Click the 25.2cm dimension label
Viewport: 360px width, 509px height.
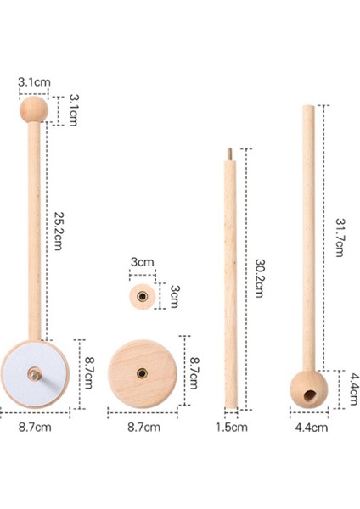[58, 231]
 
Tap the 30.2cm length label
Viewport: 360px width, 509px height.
[259, 278]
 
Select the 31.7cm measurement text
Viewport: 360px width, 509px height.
[340, 238]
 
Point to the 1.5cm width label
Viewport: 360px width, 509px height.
[231, 428]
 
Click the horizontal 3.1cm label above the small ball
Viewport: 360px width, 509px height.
[34, 82]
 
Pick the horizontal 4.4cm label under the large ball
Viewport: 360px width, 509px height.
[312, 428]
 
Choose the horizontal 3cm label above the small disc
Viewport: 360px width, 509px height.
[143, 262]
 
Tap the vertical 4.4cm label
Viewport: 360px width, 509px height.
[354, 389]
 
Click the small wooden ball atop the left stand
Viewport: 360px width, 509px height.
[34, 109]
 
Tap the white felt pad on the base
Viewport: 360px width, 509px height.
[34, 375]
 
